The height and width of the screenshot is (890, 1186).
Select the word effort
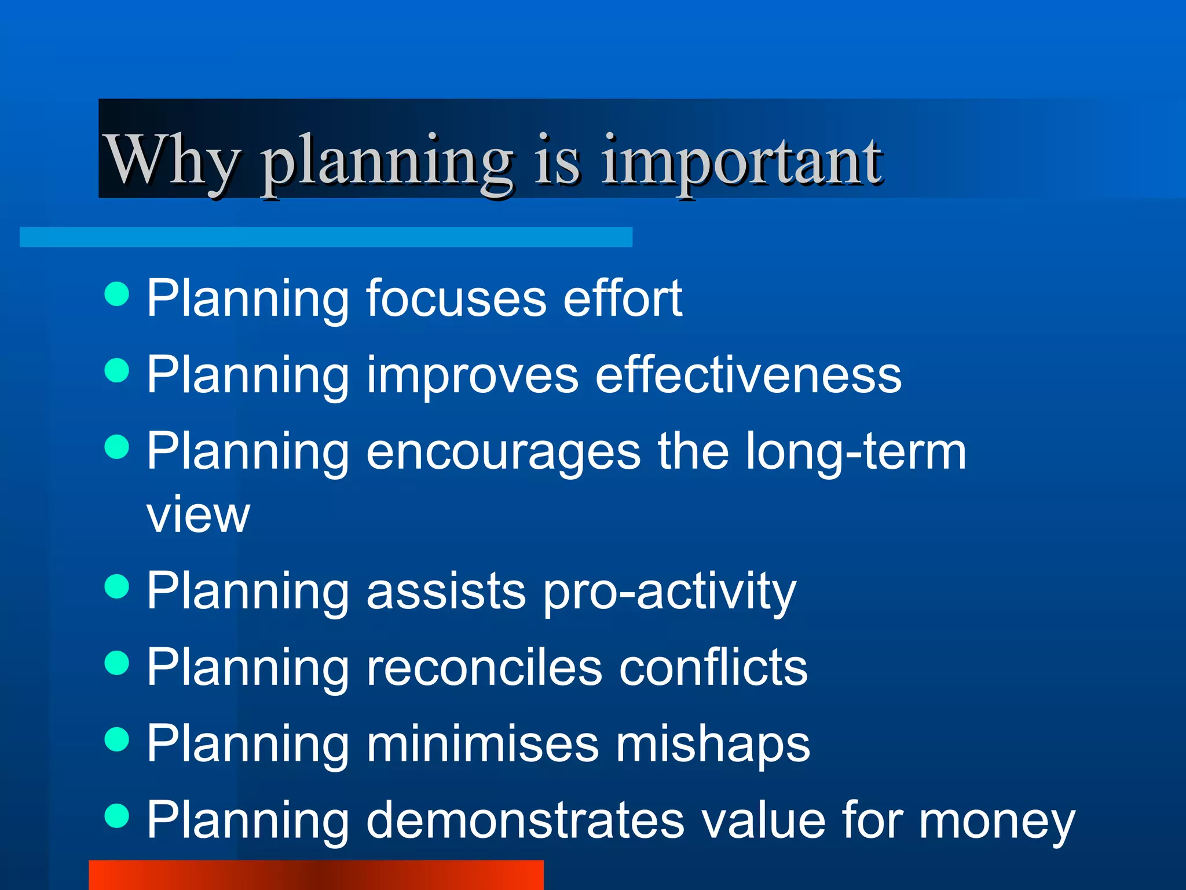click(x=623, y=298)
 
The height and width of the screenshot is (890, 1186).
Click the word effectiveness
click(x=748, y=374)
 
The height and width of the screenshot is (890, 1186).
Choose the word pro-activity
click(x=669, y=591)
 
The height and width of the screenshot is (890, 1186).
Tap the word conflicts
click(x=713, y=667)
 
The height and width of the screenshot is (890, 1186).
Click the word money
click(x=997, y=822)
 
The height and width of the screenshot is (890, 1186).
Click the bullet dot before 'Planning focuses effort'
click(x=117, y=294)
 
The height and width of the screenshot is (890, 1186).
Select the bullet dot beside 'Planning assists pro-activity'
click(x=117, y=586)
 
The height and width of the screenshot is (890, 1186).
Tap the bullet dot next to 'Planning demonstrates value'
click(x=117, y=816)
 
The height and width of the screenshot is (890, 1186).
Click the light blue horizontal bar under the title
click(x=325, y=237)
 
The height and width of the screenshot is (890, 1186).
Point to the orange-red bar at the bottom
click(x=316, y=875)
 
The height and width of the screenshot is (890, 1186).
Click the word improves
click(x=472, y=375)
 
